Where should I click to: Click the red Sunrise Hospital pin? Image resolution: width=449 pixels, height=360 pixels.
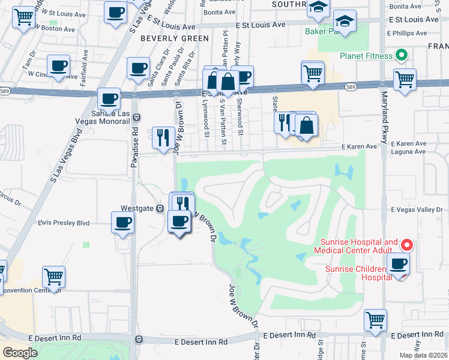(x=406, y=245)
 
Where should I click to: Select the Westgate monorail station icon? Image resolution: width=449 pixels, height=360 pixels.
(x=160, y=208)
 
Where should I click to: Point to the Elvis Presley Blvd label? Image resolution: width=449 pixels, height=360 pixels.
(x=64, y=223)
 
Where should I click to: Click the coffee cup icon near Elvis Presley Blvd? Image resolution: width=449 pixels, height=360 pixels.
(x=123, y=223)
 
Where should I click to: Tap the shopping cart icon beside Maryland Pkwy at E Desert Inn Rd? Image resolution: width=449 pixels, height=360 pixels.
(x=375, y=320)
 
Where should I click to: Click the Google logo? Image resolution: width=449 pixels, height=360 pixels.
(x=20, y=353)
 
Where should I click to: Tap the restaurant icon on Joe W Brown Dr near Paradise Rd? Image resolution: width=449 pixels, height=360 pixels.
(x=163, y=138)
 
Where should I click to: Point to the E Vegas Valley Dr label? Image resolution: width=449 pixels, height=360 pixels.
(x=417, y=210)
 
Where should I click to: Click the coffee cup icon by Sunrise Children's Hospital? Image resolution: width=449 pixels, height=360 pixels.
(x=398, y=263)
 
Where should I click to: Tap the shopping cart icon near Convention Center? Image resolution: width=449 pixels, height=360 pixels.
(x=53, y=277)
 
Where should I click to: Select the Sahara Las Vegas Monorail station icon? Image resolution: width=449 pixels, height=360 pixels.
(x=137, y=117)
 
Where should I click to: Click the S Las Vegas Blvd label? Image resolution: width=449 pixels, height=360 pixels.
(x=67, y=158)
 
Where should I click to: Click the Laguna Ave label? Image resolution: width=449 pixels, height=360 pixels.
(x=408, y=152)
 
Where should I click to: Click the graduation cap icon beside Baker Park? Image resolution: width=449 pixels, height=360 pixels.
(x=345, y=22)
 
